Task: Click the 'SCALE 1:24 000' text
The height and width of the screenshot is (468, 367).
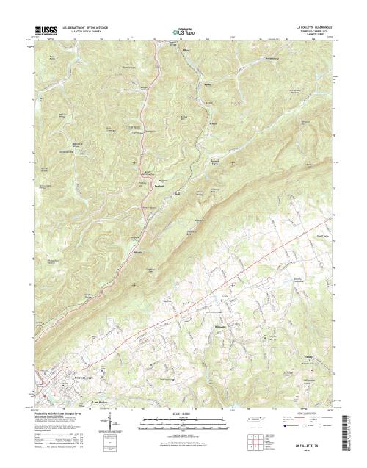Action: [x=184, y=414]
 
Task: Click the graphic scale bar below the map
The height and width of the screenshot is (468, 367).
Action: [x=183, y=421]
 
